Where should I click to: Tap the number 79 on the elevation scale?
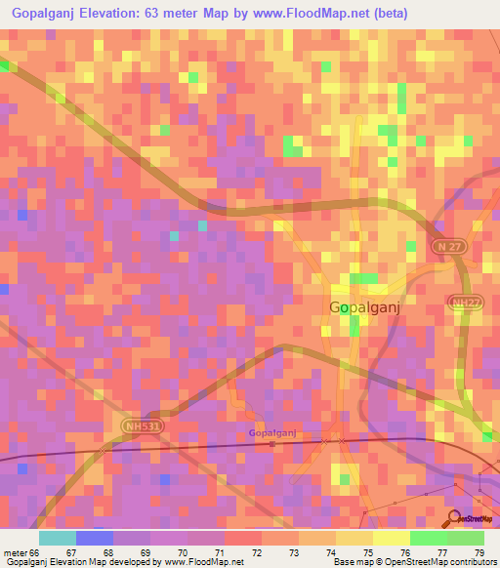(x=478, y=551)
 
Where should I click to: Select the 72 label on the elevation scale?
(x=255, y=551)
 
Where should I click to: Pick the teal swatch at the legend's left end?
(x=57, y=538)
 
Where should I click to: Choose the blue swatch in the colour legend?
(x=94, y=538)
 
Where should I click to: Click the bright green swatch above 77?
(x=428, y=538)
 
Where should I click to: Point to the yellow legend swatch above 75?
(x=354, y=538)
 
